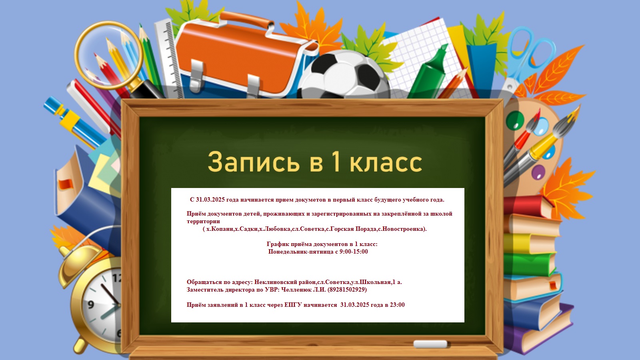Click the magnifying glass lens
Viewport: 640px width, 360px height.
[109, 55]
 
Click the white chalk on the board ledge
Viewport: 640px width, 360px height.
[430, 344]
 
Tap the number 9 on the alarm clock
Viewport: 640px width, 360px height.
[90, 304]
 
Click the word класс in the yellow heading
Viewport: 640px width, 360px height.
[386, 162]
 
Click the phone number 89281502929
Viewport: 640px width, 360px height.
[347, 290]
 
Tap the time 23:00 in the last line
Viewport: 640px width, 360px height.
[397, 305]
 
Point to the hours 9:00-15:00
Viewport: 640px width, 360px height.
[354, 252]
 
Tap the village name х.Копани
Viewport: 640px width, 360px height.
[220, 229]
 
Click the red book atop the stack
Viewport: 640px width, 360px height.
[527, 206]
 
